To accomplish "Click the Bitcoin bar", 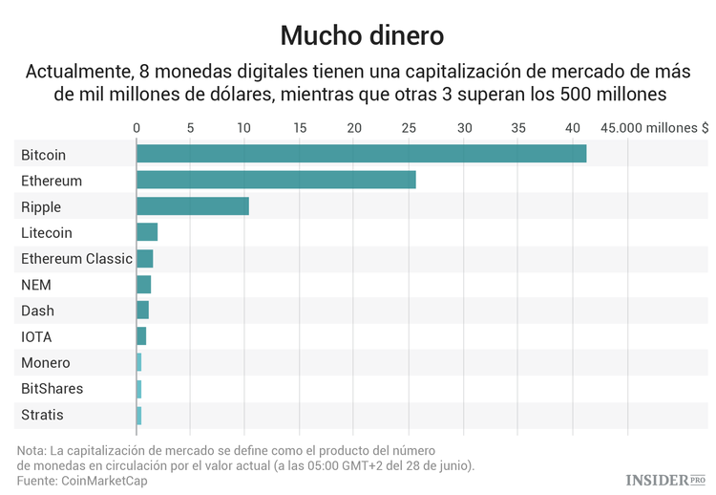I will pos(361,154).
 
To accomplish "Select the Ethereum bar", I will pos(276,180).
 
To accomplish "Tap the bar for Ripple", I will pos(193,206).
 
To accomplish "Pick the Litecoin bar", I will pos(147,232).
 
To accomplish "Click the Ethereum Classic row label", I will pos(76,259).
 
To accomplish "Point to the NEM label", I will pos(36,285).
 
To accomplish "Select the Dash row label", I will pos(37,311).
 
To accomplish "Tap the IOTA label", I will pos(36,337).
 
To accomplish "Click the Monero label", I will pos(45,363).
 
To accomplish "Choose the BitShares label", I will pos(52,389).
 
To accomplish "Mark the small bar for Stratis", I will pos(139,415).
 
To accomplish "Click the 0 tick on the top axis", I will pos(137,127).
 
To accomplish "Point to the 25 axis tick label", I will pos(410,127).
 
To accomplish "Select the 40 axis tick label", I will pos(573,127).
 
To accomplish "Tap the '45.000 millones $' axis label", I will pos(654,127).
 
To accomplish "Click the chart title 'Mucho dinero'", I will pos(362,35).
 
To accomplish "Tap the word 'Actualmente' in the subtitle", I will pos(79,72).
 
